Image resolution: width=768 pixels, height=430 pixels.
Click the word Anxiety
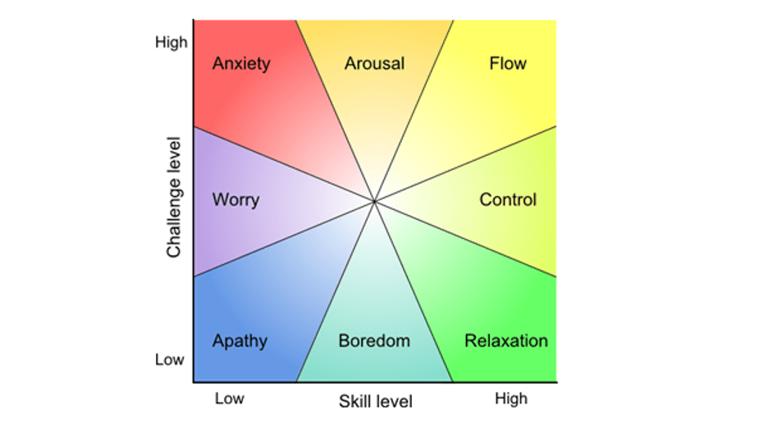(240, 64)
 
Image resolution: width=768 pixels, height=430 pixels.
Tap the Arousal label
(374, 63)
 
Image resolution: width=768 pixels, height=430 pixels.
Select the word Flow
(507, 63)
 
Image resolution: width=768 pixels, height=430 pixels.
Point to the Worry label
(235, 199)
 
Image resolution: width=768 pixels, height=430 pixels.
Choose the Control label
(508, 199)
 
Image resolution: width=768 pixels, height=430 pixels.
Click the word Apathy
(240, 341)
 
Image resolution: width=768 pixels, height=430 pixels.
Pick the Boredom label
(374, 341)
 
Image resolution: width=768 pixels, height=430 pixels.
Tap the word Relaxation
(506, 341)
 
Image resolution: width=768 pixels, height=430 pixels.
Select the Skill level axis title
(376, 401)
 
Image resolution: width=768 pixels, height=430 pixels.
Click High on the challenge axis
(171, 42)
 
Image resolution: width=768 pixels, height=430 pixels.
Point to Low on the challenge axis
(170, 359)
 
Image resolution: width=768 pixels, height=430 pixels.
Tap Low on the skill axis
(230, 399)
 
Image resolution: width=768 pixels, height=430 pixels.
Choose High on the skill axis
(511, 399)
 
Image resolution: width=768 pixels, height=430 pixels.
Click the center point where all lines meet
(374, 200)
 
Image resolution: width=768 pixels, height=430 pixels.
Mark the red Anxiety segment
(246, 98)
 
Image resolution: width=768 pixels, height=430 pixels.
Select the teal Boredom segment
(374, 304)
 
